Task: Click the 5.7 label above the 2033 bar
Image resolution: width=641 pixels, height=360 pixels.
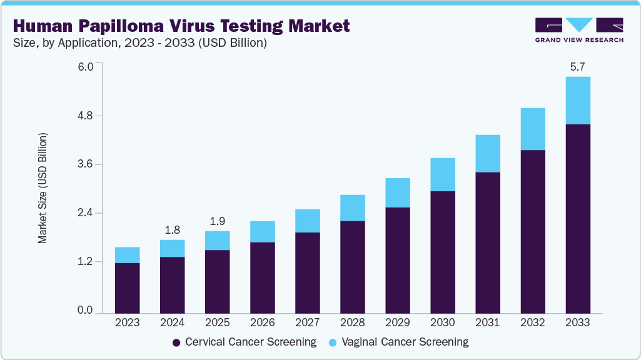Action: (x=577, y=66)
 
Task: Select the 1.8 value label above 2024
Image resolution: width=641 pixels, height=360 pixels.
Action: (x=172, y=229)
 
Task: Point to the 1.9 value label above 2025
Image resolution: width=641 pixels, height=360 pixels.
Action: (x=217, y=221)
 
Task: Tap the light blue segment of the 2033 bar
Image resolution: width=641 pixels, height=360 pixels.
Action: (x=577, y=101)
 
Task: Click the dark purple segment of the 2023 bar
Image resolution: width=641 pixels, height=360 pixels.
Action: (x=127, y=287)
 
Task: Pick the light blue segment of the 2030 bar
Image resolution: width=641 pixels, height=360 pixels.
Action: (x=442, y=174)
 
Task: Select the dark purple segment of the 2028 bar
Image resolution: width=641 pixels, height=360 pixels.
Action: (x=352, y=266)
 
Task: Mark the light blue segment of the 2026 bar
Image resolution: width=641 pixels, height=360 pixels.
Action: (x=262, y=231)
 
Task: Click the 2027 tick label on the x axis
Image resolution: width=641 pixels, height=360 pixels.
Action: (x=307, y=323)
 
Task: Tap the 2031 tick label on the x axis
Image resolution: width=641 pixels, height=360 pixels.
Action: (x=487, y=323)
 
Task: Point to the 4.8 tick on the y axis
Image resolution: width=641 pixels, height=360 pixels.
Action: (x=85, y=116)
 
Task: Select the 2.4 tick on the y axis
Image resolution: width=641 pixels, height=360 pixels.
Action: (x=85, y=213)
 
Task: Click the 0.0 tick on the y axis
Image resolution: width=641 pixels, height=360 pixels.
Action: (x=85, y=311)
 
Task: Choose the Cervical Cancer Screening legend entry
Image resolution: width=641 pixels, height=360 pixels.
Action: (x=245, y=342)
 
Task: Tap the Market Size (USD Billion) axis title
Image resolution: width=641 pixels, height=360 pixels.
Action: (x=43, y=187)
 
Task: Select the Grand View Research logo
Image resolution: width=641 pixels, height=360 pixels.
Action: (x=578, y=29)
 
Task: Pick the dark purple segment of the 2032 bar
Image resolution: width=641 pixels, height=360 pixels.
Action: (x=532, y=231)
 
